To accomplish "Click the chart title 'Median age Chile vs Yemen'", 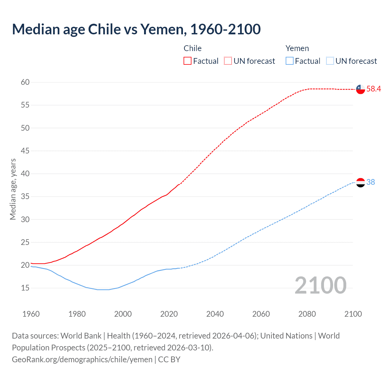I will [136, 29].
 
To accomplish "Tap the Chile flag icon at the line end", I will [360, 89].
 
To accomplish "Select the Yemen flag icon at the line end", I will [360, 182].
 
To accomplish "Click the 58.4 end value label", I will [374, 89].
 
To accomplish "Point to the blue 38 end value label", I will [371, 182].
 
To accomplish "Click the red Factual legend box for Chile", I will [188, 61].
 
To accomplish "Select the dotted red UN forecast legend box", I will [228, 61].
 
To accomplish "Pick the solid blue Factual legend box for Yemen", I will [290, 61].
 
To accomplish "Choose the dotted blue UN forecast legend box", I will [330, 61].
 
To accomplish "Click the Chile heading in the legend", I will [193, 48].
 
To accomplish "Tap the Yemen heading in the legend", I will [297, 48].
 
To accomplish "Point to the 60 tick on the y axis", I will [25, 82].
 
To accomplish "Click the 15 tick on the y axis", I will [25, 288].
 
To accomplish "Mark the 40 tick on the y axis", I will [25, 174].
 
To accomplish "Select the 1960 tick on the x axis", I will [31, 314].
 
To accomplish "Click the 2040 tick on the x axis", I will [215, 314].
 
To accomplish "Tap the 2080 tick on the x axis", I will [307, 314].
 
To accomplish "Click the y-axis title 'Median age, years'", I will [13, 189].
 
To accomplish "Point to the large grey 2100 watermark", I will [321, 285].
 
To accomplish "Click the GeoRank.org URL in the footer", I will [82, 359].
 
